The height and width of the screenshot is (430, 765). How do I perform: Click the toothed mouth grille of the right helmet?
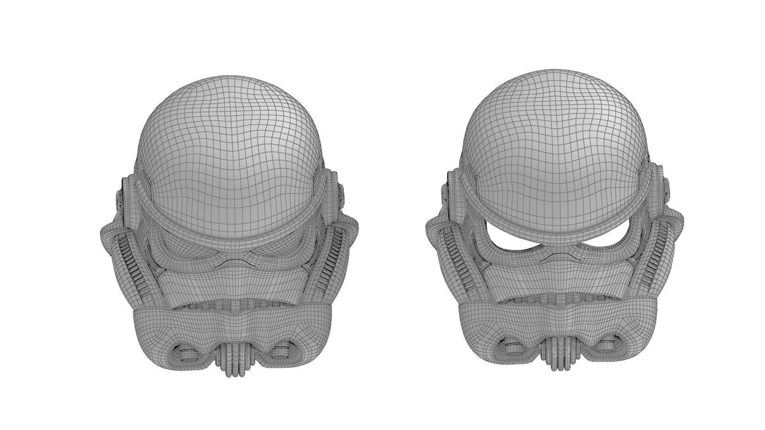(558, 299)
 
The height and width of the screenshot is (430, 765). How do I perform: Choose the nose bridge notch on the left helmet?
(234, 263)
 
